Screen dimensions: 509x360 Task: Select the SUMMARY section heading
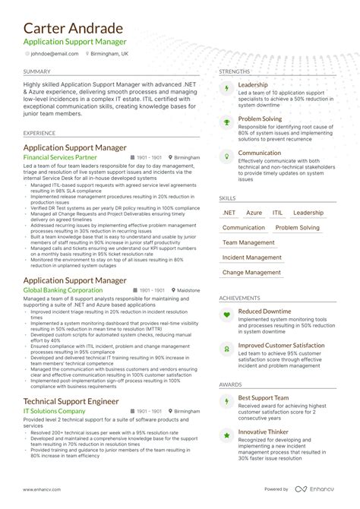[38, 71]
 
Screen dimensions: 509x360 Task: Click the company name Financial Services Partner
[66, 157]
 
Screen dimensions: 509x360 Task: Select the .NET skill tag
[229, 213]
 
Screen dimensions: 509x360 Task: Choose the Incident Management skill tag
[251, 258]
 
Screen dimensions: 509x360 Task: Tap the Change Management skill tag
[251, 272]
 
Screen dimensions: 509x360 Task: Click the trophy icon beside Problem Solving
[226, 122]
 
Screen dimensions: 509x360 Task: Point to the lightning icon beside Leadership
[226, 88]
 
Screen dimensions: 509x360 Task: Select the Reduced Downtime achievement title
[264, 311]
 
